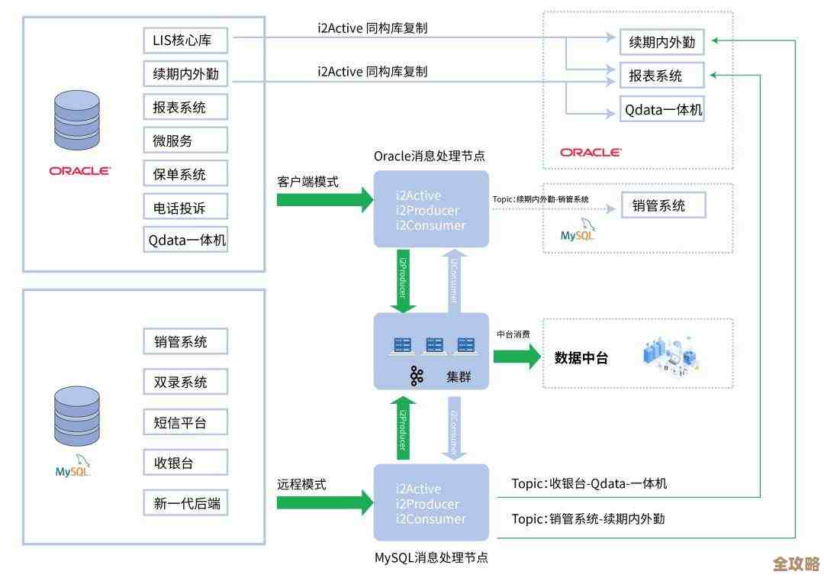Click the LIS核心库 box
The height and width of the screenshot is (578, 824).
pyautogui.click(x=185, y=39)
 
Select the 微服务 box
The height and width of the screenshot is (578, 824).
pyautogui.click(x=185, y=140)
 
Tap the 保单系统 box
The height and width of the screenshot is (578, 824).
pyautogui.click(x=185, y=174)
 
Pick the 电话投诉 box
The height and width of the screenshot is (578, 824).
pyautogui.click(x=185, y=207)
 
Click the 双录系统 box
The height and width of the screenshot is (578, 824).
pyautogui.click(x=185, y=382)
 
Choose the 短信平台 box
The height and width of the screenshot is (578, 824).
pyautogui.click(x=185, y=421)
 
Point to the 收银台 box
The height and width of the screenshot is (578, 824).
pyautogui.click(x=185, y=463)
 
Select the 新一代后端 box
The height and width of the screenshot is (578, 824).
pyautogui.click(x=185, y=503)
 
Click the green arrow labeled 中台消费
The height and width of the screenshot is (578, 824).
pyautogui.click(x=516, y=357)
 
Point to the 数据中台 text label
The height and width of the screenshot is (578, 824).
pyautogui.click(x=581, y=357)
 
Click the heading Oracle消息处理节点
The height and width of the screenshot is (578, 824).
pyautogui.click(x=429, y=156)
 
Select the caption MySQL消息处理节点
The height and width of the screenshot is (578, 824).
pyautogui.click(x=431, y=558)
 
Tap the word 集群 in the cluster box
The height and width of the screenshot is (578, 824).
pyautogui.click(x=462, y=376)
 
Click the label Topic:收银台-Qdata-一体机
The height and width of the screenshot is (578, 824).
pyautogui.click(x=589, y=483)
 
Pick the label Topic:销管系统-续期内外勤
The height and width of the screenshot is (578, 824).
pyautogui.click(x=588, y=519)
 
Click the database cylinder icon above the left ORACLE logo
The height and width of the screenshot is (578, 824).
pyautogui.click(x=77, y=120)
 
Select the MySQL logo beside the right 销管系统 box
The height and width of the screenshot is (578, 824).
pyautogui.click(x=578, y=231)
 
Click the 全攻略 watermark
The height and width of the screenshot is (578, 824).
pyautogui.click(x=795, y=563)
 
